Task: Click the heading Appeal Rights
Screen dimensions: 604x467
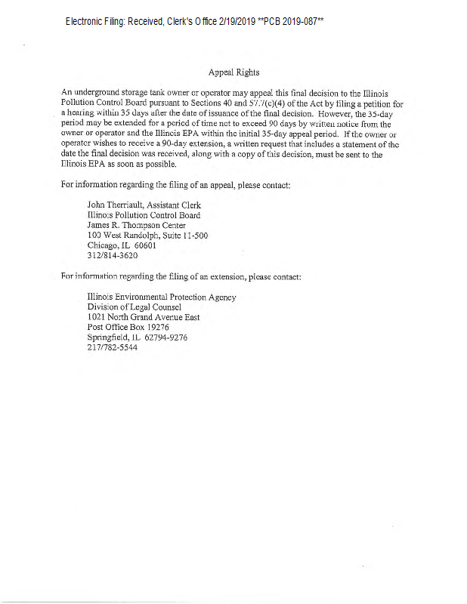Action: pos(233,72)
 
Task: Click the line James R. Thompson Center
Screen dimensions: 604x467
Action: pos(136,225)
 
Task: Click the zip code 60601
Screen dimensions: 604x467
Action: pos(144,246)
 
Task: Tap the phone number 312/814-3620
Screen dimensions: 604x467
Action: pos(113,257)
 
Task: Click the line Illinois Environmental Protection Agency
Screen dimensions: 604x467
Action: pos(162,297)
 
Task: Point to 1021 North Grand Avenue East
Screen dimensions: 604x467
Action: pos(144,318)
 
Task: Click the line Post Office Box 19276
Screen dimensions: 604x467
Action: pos(128,328)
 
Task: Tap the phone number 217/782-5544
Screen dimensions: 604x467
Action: pos(113,349)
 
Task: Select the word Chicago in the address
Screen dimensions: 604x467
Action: pos(104,246)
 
